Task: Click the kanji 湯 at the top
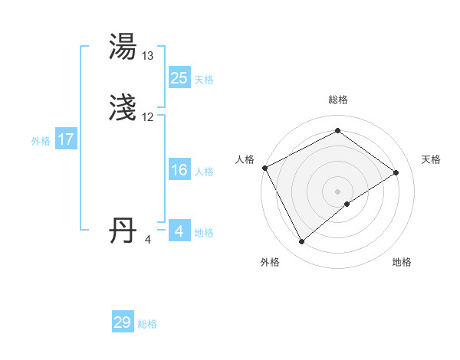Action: [x=124, y=47]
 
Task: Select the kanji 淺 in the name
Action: [x=124, y=109]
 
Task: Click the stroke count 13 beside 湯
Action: [x=148, y=56]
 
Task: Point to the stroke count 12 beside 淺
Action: [x=148, y=117]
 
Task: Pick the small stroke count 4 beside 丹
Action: [x=148, y=240]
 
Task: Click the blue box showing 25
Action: [x=179, y=78]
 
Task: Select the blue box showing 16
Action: [x=179, y=170]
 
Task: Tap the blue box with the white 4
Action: [x=179, y=231]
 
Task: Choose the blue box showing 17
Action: [x=65, y=139]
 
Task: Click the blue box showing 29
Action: [x=122, y=322]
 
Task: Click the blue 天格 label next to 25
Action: [x=204, y=79]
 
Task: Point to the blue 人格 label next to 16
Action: [x=204, y=171]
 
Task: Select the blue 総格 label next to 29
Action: [x=147, y=323]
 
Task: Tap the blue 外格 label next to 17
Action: [x=41, y=140]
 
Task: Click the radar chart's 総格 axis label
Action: [x=338, y=100]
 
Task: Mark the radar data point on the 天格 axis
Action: [x=396, y=172]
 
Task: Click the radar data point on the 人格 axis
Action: [x=264, y=168]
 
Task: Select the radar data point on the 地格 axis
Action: [x=347, y=204]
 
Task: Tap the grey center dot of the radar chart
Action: [x=338, y=191]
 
